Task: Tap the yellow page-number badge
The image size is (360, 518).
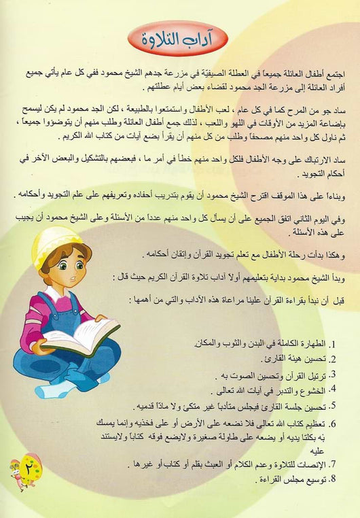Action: tap(25, 466)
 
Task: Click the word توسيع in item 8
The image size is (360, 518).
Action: tap(321, 480)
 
